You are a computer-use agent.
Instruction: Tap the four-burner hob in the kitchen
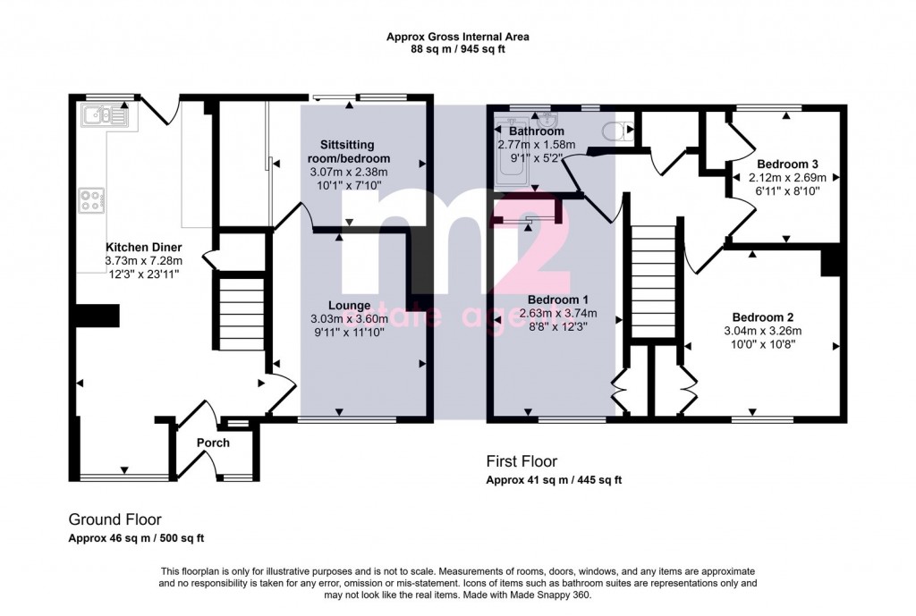pyautogui.click(x=92, y=200)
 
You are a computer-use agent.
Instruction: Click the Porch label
pyautogui.click(x=213, y=443)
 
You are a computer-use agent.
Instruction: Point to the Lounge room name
pyautogui.click(x=350, y=306)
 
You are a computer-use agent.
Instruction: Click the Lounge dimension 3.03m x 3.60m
pyautogui.click(x=350, y=319)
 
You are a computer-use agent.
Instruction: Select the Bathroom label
pyautogui.click(x=537, y=131)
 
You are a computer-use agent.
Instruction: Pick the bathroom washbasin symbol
pyautogui.click(x=548, y=120)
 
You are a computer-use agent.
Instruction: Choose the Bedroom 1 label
pyautogui.click(x=550, y=300)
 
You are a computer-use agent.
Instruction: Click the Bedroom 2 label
pyautogui.click(x=763, y=317)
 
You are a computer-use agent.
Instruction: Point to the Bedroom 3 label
pyautogui.click(x=787, y=165)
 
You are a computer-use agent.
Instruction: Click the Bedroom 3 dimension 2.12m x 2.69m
pyautogui.click(x=787, y=178)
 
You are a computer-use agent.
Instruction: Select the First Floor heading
pyautogui.click(x=522, y=461)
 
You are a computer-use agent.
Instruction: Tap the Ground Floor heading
pyautogui.click(x=115, y=519)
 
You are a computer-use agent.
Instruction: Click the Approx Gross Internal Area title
pyautogui.click(x=458, y=37)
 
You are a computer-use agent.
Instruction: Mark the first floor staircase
pyautogui.click(x=654, y=281)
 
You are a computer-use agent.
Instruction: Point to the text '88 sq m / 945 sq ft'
pyautogui.click(x=458, y=50)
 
